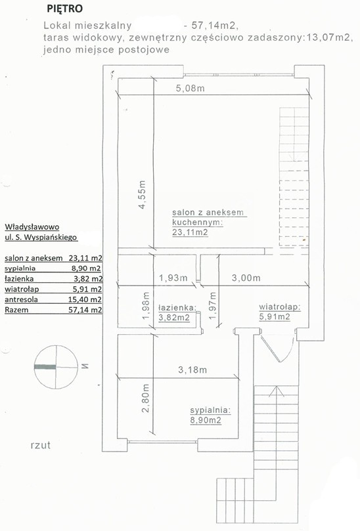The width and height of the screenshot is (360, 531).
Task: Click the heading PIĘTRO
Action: [65, 9]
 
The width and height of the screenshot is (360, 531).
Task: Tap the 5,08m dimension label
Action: [190, 89]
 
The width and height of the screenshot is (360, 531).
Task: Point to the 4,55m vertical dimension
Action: [143, 195]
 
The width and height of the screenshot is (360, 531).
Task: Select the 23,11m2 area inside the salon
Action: [190, 232]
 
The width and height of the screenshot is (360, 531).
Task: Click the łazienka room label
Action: [177, 307]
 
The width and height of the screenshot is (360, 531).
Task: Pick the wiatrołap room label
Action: [280, 307]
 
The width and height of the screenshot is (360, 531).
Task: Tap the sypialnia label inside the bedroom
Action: [210, 410]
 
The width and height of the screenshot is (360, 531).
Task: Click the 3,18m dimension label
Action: [192, 370]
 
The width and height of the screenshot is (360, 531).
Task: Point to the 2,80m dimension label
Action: [146, 398]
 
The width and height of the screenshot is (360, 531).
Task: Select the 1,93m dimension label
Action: [173, 278]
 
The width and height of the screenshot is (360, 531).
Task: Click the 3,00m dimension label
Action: [246, 278]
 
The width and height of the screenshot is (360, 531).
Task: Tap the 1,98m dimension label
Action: [146, 306]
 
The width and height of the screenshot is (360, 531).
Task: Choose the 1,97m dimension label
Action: [213, 306]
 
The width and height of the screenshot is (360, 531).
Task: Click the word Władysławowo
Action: [32, 226]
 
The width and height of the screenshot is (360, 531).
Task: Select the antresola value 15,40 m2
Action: [85, 299]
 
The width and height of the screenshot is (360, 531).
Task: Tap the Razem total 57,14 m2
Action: [85, 310]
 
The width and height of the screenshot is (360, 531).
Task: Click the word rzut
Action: [40, 445]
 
